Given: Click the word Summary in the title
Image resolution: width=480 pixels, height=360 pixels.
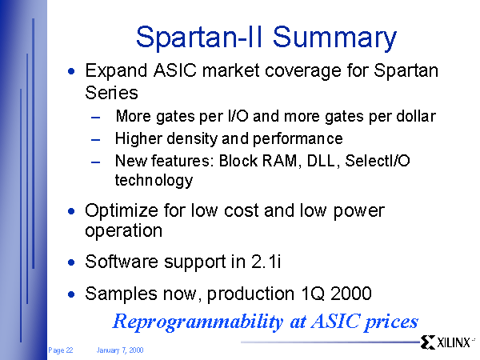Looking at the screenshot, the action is (334, 38).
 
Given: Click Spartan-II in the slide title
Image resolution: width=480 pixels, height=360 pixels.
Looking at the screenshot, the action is (199, 38).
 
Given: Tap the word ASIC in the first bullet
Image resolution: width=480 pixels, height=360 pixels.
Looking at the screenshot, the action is (175, 70).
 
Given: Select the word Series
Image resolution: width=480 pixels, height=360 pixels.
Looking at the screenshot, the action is (111, 93).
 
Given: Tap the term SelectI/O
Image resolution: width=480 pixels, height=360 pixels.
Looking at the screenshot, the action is (378, 161).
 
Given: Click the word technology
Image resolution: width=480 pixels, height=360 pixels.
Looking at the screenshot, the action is (154, 180).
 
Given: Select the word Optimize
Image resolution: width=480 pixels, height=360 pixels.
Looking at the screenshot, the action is (122, 211).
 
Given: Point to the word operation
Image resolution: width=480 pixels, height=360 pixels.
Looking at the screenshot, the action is (123, 230).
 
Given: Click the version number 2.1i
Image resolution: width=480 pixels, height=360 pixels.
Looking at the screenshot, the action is (266, 262).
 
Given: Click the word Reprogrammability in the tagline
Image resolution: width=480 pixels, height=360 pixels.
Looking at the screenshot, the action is (198, 322).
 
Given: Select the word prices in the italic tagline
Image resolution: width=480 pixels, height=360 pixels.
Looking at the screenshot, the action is (391, 322).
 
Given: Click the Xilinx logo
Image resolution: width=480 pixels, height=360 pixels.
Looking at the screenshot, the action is (446, 342).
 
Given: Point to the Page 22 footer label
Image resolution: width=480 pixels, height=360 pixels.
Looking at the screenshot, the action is (61, 350).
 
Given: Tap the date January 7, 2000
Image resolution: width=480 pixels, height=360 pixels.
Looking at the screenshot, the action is (120, 350).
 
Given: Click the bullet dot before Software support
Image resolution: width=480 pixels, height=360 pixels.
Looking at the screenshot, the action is (71, 262).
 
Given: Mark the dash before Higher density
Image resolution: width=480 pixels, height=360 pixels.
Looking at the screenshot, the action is (95, 140).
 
